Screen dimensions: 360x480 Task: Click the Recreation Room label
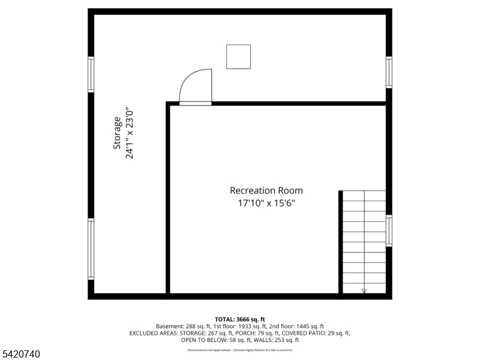coord(266,190)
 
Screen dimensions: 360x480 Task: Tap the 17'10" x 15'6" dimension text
coord(266,203)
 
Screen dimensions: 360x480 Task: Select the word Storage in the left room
coord(118,133)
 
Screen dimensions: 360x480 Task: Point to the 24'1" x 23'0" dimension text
coord(129,133)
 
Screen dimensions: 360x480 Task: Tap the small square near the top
coord(238,56)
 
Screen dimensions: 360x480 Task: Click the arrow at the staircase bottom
coord(364,290)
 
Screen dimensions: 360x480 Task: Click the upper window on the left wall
coord(91,74)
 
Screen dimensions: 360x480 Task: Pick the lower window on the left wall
coord(91,249)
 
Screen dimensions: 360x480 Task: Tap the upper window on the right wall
coord(389,72)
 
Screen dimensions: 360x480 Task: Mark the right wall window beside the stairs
coord(389,231)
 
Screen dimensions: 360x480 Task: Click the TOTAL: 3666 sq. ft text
coord(239,319)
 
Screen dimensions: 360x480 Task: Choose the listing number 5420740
coord(21,355)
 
